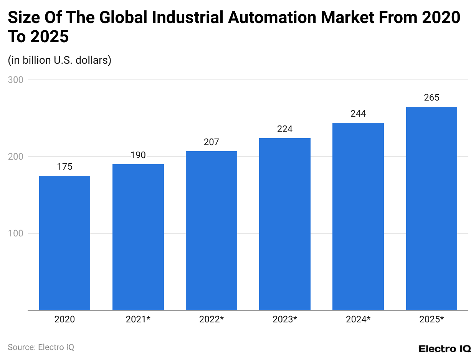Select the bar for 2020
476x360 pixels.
64,243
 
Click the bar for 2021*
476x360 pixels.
138,237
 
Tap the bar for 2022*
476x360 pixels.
211,230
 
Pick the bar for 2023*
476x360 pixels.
284,224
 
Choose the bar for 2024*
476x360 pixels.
358,216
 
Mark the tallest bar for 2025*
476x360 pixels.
431,208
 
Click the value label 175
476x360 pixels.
64,167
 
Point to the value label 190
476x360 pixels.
138,155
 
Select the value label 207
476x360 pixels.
211,142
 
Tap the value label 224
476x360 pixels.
284,129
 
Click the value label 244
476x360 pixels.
358,114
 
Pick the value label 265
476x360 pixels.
431,98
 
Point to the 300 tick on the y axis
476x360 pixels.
15,80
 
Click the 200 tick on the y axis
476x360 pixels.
15,157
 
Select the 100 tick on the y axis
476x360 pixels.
15,233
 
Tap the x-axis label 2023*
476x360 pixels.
284,319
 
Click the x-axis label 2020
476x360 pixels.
64,319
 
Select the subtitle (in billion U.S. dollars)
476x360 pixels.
59,60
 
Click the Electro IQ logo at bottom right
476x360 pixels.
445,348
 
